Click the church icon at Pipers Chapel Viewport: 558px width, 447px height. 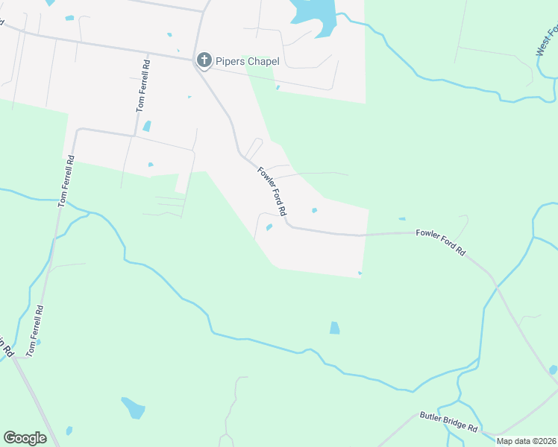click(x=202, y=60)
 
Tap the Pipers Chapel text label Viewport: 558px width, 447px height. click(x=248, y=60)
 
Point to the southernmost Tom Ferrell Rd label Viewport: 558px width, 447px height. click(x=34, y=329)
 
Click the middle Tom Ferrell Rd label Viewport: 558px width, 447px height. click(x=66, y=180)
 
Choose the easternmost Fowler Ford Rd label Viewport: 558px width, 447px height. click(x=441, y=243)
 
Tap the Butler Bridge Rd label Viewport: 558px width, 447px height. click(x=448, y=422)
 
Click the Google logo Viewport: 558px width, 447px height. click(x=25, y=438)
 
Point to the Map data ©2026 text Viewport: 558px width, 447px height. click(x=526, y=441)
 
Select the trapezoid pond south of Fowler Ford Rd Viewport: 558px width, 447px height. click(x=334, y=328)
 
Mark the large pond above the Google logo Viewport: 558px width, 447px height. click(x=134, y=408)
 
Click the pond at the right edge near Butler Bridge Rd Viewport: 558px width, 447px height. click(x=553, y=370)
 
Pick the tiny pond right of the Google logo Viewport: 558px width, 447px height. click(x=69, y=431)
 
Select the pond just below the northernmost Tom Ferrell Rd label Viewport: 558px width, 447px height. click(x=147, y=126)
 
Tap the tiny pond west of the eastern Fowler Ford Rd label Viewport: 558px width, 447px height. click(x=402, y=219)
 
